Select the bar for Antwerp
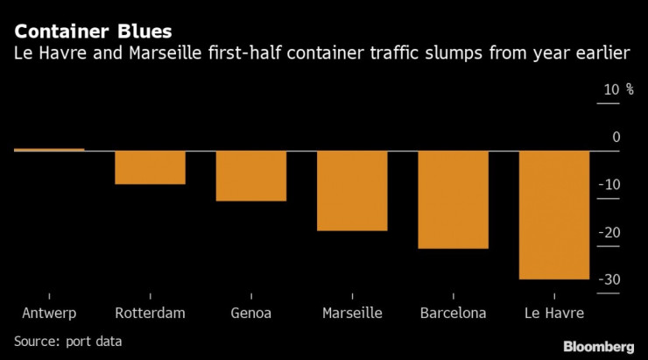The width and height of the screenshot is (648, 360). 49,150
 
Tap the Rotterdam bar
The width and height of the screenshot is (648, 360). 150,167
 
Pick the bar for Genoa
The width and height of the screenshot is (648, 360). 251,176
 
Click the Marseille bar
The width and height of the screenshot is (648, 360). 352,191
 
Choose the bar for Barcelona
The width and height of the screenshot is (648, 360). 454,200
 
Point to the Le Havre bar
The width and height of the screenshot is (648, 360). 554,215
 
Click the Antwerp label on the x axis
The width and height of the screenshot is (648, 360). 49,314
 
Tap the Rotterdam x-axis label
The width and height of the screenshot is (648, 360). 150,314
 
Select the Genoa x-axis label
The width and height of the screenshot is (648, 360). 251,314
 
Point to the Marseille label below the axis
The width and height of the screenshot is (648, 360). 352,314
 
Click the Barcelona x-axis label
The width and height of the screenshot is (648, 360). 454,314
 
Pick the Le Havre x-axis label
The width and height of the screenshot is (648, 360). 554,314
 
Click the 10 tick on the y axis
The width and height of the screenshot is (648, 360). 609,89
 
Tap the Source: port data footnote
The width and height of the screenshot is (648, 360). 68,341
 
